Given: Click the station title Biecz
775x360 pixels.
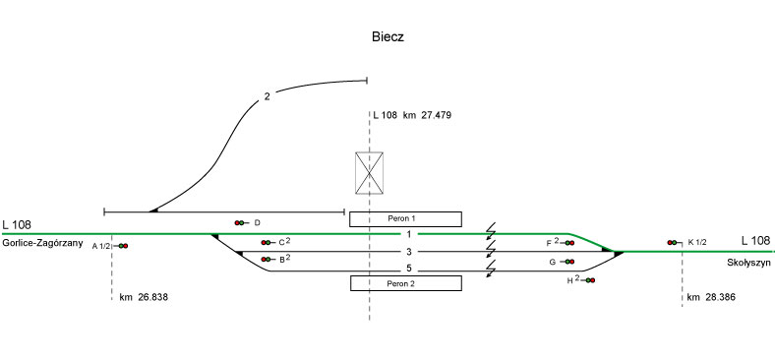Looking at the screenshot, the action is point(388,37).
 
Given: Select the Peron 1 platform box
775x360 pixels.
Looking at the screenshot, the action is point(405,219).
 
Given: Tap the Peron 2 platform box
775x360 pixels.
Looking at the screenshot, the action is point(406,283).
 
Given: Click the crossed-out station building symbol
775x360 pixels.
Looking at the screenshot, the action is point(369,173).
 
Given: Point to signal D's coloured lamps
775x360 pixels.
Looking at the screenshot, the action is point(239,223).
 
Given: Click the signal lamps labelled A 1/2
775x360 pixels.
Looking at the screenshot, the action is point(123,246).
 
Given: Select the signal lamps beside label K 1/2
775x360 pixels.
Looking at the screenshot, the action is point(672,242).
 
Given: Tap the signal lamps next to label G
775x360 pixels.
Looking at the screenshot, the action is point(569,262).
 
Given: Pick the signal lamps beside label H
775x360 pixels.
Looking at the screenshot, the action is point(590,280).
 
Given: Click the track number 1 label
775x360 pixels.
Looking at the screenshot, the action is point(409,234).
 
